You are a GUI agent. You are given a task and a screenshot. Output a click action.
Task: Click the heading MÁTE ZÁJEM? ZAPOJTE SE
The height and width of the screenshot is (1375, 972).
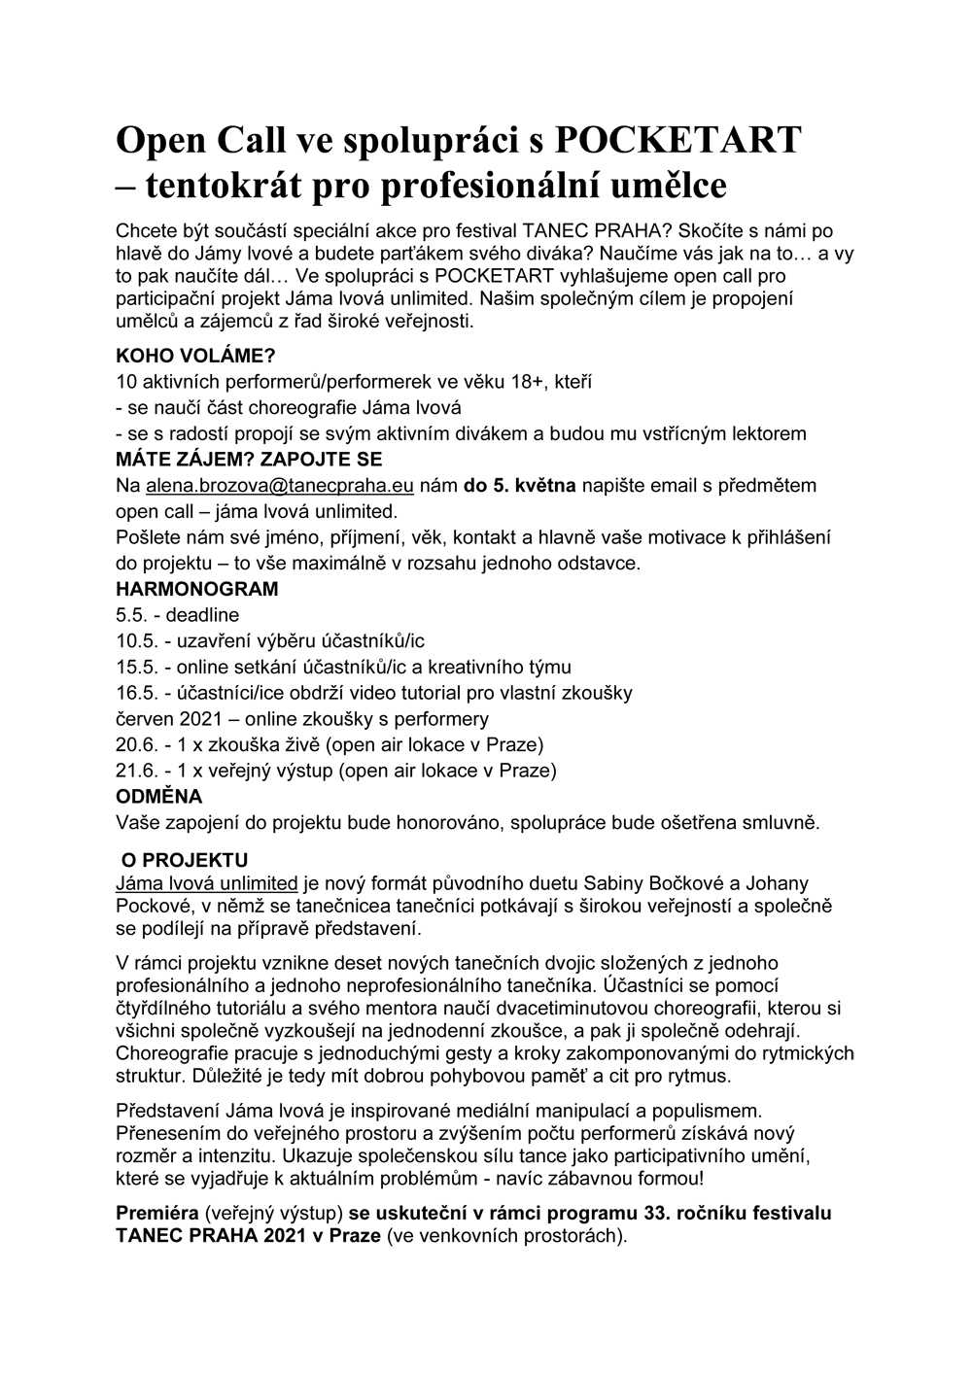point(249,459)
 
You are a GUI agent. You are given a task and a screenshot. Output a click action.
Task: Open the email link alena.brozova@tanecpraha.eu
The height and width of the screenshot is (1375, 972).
point(281,485)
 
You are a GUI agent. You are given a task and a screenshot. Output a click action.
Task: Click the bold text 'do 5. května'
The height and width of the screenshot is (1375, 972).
point(520,485)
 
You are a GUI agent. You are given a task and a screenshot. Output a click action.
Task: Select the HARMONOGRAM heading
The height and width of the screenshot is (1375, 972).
point(196,589)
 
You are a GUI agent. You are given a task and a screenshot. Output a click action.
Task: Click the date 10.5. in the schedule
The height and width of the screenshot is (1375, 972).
point(136,641)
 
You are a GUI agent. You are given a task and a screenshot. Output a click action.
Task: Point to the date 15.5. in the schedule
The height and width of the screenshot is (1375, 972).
point(136,668)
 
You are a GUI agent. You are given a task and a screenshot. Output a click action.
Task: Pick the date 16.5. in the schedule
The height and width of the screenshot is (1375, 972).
point(136,693)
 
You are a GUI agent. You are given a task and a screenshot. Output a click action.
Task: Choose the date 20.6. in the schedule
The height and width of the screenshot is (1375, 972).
point(136,745)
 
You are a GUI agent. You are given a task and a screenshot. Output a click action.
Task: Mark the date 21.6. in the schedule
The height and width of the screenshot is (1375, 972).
point(136,772)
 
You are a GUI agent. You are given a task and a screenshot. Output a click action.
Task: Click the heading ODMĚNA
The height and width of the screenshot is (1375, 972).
point(159,797)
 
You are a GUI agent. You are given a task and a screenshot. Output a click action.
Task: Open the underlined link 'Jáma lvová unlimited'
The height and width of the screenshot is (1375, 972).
point(206,883)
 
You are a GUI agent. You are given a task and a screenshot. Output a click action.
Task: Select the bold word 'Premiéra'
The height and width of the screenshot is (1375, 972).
point(157,1214)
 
